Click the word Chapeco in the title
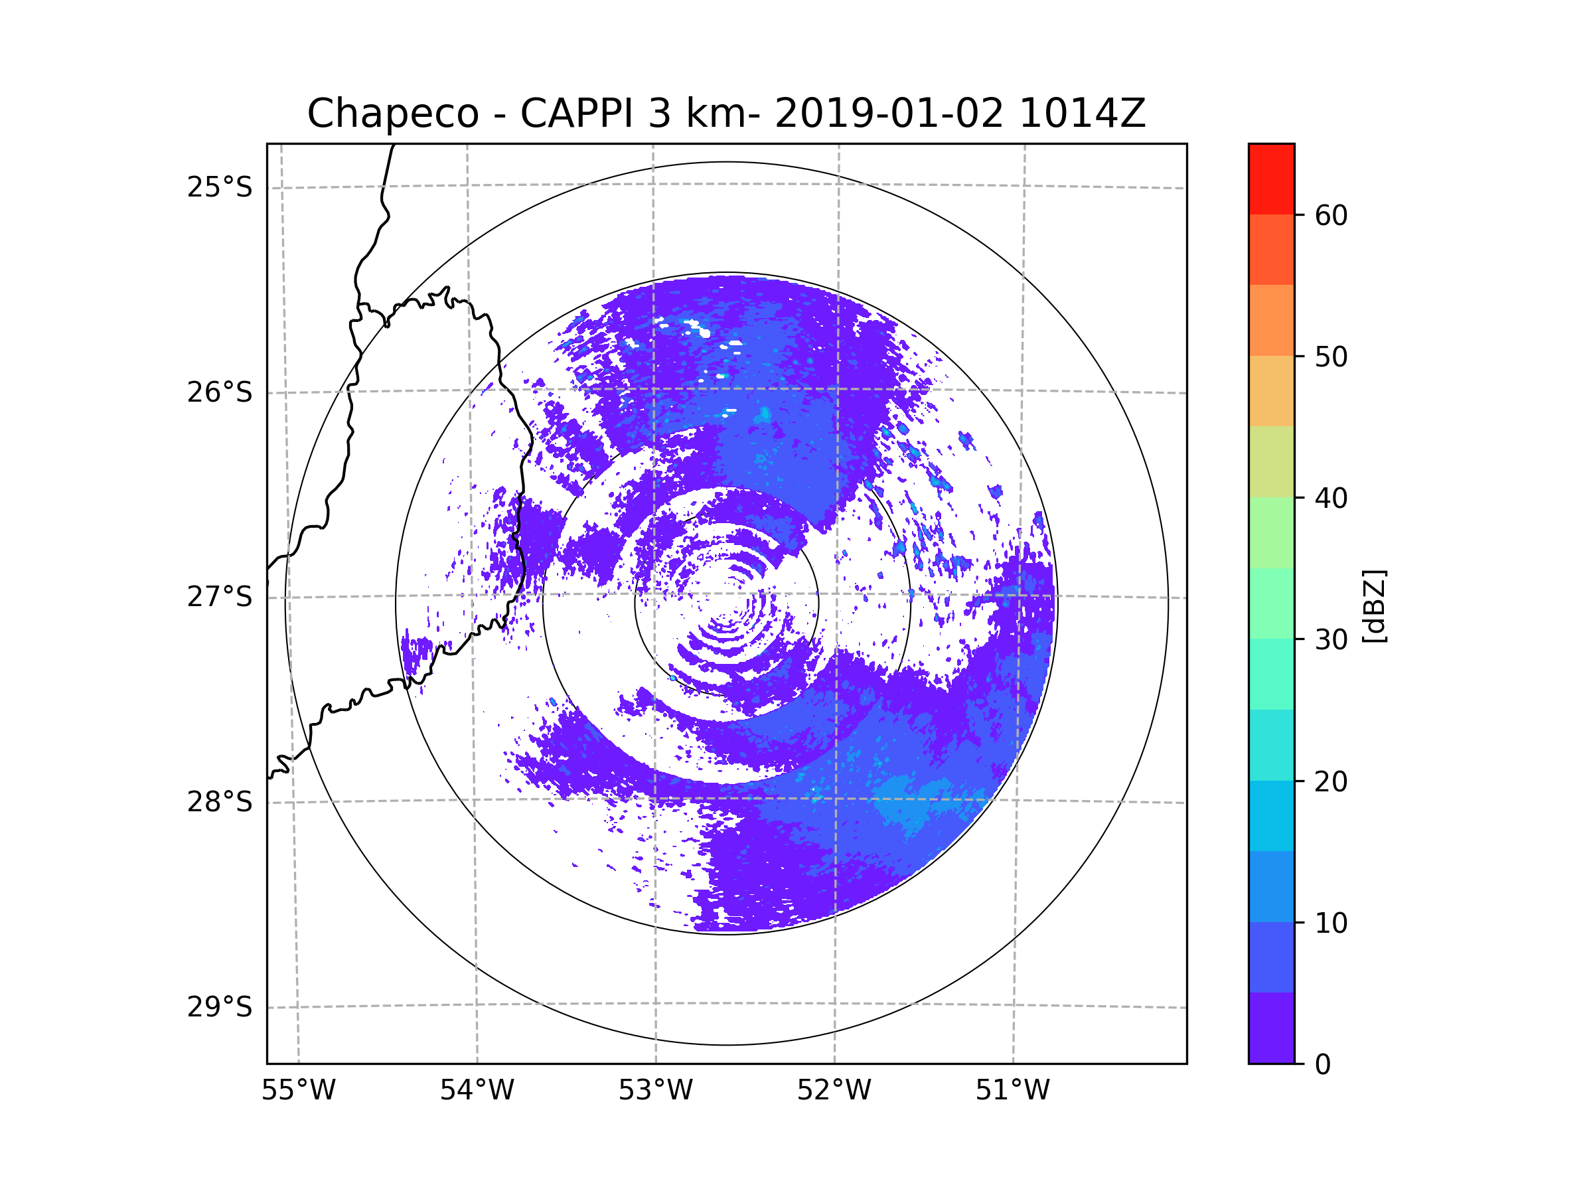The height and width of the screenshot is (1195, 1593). click(x=392, y=114)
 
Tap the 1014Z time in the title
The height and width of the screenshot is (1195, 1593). click(x=1082, y=114)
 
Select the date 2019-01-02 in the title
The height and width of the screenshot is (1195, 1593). click(x=889, y=114)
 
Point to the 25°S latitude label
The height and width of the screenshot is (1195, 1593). click(x=220, y=187)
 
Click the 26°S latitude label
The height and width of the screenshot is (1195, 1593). click(x=220, y=392)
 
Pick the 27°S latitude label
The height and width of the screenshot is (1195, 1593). click(x=220, y=597)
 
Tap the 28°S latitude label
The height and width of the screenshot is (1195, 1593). click(x=220, y=802)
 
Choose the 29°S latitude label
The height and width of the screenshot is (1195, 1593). click(x=220, y=1007)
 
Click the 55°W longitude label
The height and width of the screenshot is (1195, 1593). click(x=298, y=1091)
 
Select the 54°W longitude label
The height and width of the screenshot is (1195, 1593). click(x=477, y=1091)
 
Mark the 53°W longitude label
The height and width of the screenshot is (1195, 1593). click(x=655, y=1091)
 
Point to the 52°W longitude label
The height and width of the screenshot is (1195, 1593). click(x=834, y=1091)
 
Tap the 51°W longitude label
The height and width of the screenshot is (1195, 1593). click(x=1012, y=1091)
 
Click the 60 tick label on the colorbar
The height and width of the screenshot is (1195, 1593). click(x=1331, y=215)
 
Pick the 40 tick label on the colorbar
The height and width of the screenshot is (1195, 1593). click(x=1331, y=499)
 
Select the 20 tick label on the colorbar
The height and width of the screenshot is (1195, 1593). click(x=1331, y=781)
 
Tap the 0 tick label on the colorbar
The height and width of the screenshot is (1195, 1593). click(x=1323, y=1065)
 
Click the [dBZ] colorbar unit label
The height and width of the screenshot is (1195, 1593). click(x=1374, y=605)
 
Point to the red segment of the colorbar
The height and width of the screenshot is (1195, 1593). click(x=1271, y=179)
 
